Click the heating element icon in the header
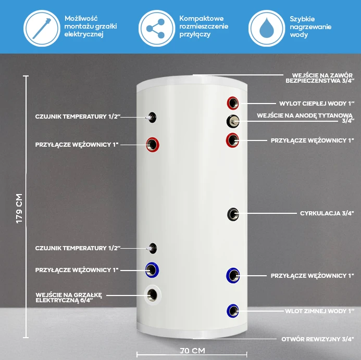click(x=42, y=28)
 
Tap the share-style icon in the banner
click(x=157, y=28)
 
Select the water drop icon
click(x=267, y=28)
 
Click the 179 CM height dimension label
click(x=19, y=208)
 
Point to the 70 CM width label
click(x=192, y=351)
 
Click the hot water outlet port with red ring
click(x=233, y=103)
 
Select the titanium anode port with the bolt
click(x=233, y=121)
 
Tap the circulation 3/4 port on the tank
click(x=233, y=214)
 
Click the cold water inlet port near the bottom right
click(x=233, y=311)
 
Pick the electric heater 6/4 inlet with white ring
click(x=153, y=295)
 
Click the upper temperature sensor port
click(x=152, y=117)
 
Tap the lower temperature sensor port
click(x=153, y=248)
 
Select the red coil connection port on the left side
click(x=153, y=145)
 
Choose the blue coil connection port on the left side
click(x=152, y=269)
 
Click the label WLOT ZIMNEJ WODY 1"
click(x=319, y=311)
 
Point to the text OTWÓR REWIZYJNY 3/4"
click(x=318, y=339)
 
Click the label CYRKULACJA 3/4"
click(x=327, y=213)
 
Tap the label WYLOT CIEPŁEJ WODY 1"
click(x=317, y=104)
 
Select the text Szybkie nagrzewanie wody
click(x=310, y=27)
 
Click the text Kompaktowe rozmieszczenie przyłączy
click(x=204, y=27)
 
